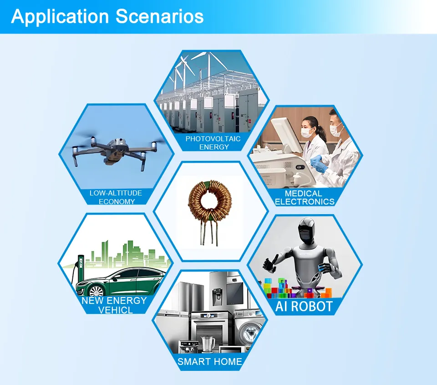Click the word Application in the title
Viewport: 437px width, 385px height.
click(60, 16)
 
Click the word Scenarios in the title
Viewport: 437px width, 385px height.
click(159, 16)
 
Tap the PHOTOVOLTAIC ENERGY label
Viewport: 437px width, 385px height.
click(213, 143)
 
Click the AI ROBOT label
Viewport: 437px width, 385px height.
click(304, 306)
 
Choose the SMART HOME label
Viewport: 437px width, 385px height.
click(210, 362)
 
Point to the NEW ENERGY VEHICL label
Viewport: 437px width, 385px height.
click(114, 305)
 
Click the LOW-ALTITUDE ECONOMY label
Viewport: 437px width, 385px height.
click(116, 197)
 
